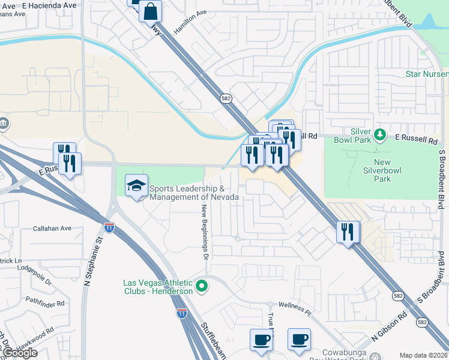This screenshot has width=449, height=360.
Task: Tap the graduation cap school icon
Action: [136, 185]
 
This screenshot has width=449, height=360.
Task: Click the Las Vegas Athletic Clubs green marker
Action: [202, 287]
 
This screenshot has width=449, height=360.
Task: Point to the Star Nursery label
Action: [427, 74]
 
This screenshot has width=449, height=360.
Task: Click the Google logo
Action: [20, 352]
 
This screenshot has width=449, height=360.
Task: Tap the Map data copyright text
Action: [423, 355]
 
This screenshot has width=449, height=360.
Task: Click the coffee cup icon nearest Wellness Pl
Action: [299, 340]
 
